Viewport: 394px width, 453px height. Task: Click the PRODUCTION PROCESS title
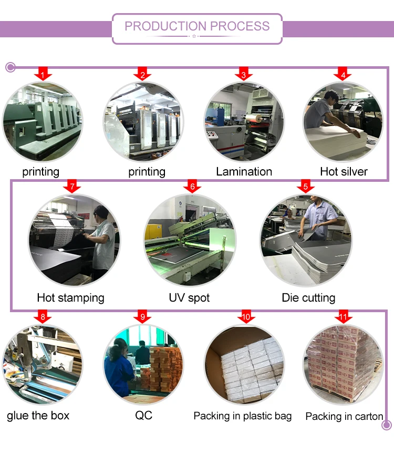tap(197, 26)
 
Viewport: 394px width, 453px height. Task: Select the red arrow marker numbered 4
tap(343, 75)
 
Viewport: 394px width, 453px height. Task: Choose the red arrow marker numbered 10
tap(246, 317)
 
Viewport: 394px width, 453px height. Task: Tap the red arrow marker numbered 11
tap(343, 317)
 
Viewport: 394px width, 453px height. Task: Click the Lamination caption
tap(244, 172)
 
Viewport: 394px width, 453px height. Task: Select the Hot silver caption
tap(344, 172)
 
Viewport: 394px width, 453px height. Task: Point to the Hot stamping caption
tap(70, 298)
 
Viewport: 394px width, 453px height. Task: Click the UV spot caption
tap(189, 298)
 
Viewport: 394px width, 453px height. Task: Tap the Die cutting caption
tap(308, 298)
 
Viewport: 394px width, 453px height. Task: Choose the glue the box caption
tap(38, 416)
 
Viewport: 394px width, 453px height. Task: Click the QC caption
tap(143, 416)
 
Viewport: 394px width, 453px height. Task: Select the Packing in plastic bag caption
tap(242, 416)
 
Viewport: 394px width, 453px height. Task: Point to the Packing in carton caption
tap(344, 417)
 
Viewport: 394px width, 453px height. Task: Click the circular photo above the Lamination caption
tap(244, 122)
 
